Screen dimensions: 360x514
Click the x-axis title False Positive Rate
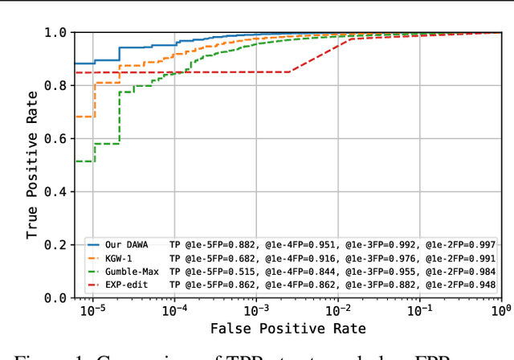click(x=288, y=329)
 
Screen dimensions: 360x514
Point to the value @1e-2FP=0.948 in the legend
click(x=460, y=284)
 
